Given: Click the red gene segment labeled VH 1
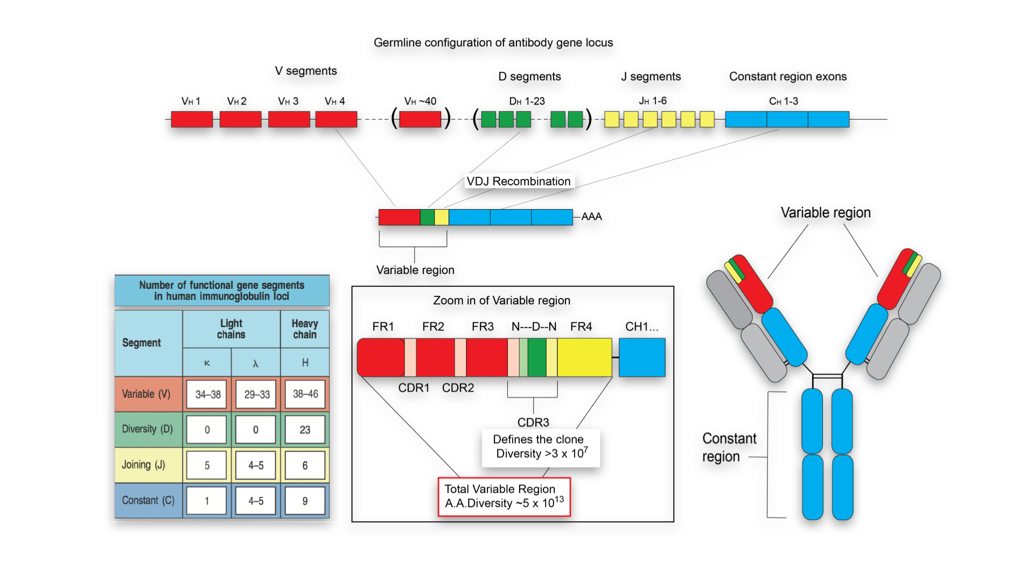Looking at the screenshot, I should click(192, 119).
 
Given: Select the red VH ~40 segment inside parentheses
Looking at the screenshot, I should click(420, 119).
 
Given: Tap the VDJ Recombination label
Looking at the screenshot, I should click(519, 182).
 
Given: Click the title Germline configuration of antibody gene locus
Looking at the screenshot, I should click(493, 43).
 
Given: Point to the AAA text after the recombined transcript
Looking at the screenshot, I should click(591, 217).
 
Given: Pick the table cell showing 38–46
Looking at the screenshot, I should click(305, 394).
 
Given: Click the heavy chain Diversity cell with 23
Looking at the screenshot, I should click(305, 430).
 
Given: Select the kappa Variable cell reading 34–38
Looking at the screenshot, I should click(208, 394).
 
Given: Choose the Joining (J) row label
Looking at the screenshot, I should click(144, 465).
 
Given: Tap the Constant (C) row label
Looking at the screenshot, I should click(148, 501).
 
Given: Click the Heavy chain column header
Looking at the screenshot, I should click(305, 329).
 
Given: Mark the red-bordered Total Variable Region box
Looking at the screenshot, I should click(504, 496).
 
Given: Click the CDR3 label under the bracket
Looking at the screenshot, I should click(533, 422).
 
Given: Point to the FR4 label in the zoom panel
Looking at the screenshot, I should click(581, 327).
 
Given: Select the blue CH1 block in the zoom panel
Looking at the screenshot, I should click(642, 357).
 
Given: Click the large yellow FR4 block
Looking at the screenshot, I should click(584, 357).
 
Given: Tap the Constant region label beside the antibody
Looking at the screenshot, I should click(729, 447).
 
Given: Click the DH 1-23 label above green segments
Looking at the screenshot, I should click(527, 101).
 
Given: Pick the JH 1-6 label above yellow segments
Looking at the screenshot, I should click(653, 101).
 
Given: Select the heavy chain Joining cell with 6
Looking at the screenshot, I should click(305, 466).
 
